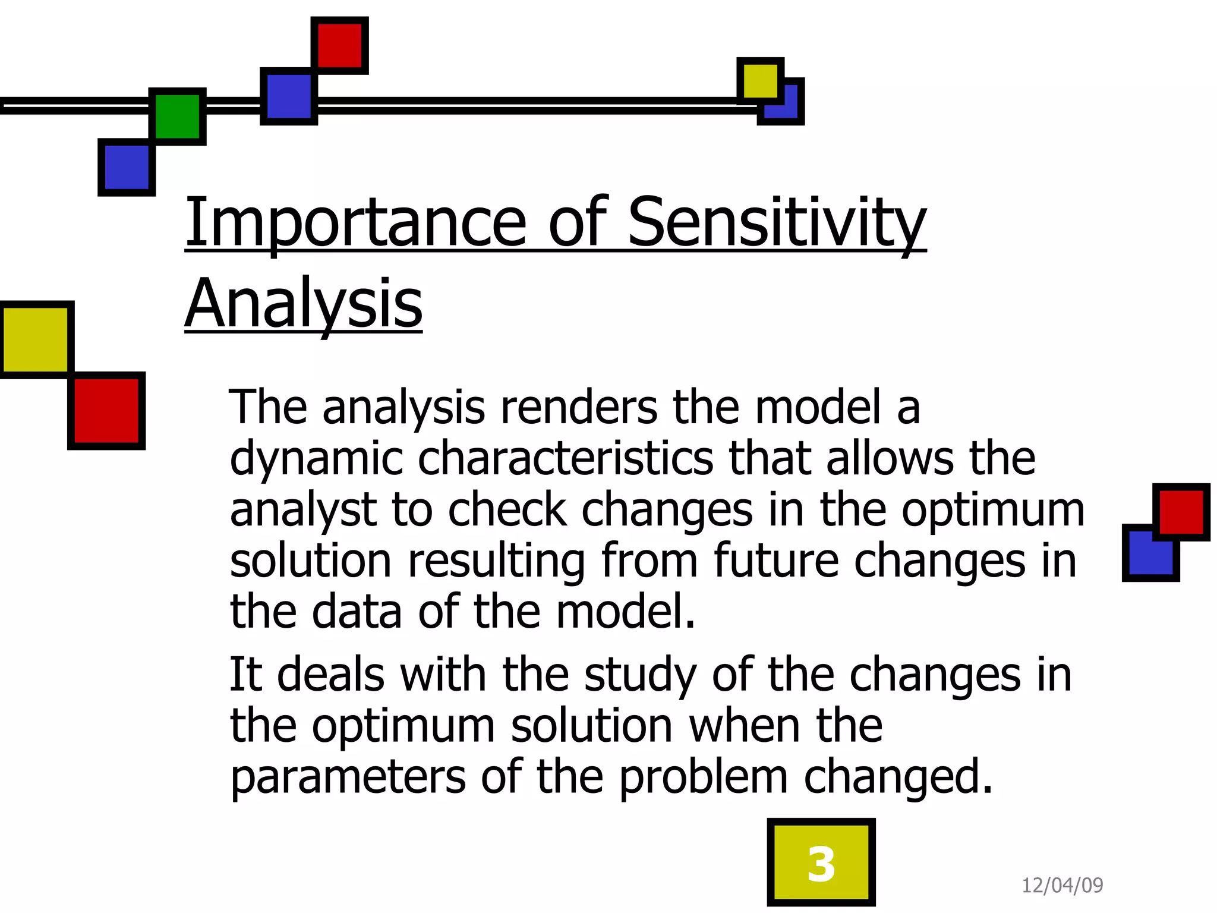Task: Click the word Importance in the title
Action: (x=355, y=223)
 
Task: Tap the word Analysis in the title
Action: (x=304, y=304)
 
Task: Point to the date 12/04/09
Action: (x=1062, y=886)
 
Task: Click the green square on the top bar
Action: (x=178, y=117)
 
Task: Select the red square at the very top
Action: (x=340, y=45)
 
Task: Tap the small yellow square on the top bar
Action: (x=760, y=80)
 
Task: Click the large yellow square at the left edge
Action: (x=36, y=339)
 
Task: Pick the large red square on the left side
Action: (x=106, y=411)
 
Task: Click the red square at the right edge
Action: (x=1181, y=512)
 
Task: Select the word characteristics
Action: (x=565, y=458)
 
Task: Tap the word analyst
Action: (x=303, y=510)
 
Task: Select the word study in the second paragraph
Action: (x=640, y=675)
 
